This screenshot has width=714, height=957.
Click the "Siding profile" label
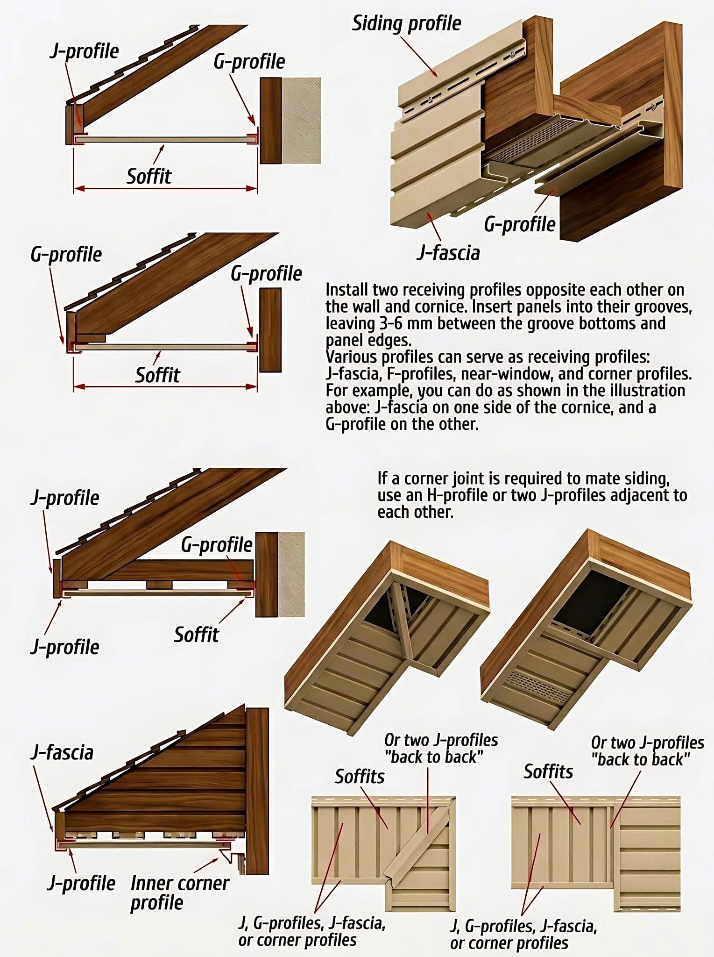[406, 24]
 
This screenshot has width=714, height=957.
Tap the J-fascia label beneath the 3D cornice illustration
[448, 253]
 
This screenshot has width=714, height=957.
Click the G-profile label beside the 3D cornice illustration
[519, 224]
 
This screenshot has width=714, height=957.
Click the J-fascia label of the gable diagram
[62, 753]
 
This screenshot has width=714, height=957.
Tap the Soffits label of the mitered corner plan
[360, 776]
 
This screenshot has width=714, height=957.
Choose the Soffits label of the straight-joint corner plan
[548, 771]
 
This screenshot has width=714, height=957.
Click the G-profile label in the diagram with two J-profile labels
[217, 545]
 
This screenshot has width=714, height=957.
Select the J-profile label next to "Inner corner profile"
[81, 883]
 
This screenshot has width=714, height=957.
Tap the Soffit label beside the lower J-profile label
[196, 635]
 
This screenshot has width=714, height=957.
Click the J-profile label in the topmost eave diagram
[84, 51]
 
